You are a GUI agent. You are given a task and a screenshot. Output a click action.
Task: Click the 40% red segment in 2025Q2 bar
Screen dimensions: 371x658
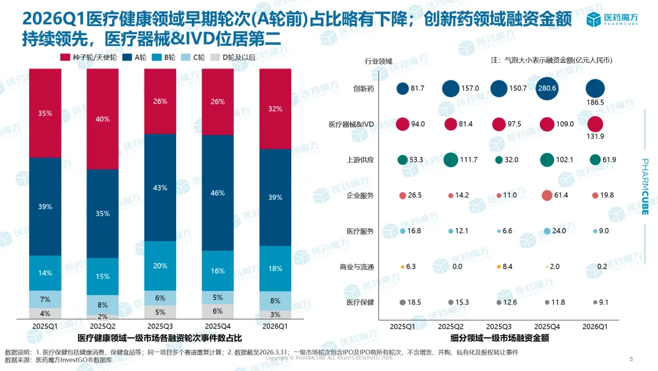point(102,119)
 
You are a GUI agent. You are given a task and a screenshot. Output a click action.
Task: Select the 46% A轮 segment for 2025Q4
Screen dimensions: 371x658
point(218,192)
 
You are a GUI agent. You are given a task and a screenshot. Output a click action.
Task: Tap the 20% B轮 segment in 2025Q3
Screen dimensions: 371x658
point(160,265)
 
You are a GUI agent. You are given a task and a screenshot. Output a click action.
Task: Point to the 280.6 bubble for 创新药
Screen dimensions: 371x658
point(547,88)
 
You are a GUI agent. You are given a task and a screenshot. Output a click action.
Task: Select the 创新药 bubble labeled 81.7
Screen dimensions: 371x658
point(402,88)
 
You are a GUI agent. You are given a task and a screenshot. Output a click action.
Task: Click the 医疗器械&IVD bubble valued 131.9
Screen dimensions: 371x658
point(595,124)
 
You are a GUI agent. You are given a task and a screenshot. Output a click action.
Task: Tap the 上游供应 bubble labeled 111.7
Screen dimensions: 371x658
point(450,160)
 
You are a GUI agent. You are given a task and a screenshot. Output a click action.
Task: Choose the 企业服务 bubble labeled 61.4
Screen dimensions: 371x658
point(547,195)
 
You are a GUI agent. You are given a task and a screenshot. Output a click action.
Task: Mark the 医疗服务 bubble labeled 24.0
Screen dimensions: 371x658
point(547,231)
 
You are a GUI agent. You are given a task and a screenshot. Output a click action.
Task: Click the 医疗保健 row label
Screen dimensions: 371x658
point(360,303)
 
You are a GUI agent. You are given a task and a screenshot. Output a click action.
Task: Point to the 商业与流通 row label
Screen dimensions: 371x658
point(356,267)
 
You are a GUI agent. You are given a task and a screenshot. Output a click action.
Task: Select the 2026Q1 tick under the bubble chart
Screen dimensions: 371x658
point(595,326)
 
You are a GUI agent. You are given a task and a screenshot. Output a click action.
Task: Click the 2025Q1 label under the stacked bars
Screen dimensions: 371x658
point(44,326)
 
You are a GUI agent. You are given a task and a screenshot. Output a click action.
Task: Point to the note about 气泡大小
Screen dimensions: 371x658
point(551,60)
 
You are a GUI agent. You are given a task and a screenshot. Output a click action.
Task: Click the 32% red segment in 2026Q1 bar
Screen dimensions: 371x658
point(275,109)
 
